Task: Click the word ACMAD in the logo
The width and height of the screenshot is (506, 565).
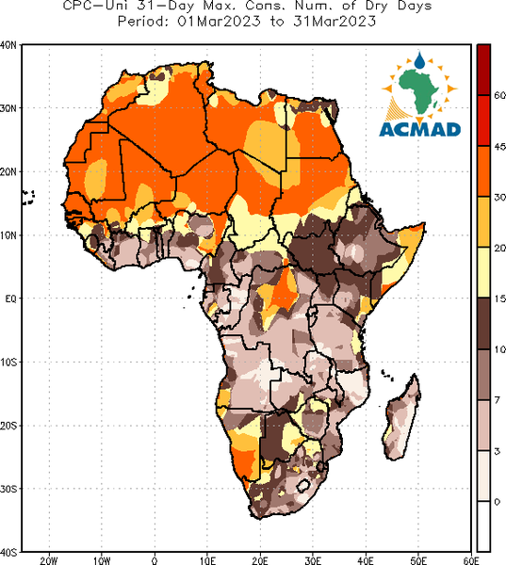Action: [420, 130]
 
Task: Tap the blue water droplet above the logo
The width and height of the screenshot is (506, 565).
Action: [419, 60]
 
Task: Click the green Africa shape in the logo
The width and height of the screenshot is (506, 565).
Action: [418, 90]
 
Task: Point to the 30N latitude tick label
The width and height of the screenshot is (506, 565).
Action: [8, 108]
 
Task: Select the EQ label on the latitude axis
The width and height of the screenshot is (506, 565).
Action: [10, 299]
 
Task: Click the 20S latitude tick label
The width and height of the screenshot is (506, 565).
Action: [8, 426]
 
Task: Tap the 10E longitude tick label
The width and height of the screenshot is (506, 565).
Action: [207, 560]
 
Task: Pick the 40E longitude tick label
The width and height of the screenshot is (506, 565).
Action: [366, 560]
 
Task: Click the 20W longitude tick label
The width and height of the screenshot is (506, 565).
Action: [49, 560]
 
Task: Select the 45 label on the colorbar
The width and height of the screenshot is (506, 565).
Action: [499, 146]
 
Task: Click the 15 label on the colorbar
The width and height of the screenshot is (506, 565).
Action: [499, 299]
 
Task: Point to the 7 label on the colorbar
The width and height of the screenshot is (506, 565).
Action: [498, 400]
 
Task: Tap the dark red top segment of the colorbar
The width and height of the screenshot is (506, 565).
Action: [483, 70]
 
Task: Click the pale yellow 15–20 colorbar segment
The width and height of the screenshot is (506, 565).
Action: [483, 272]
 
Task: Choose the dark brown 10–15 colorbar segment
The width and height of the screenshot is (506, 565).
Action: [483, 323]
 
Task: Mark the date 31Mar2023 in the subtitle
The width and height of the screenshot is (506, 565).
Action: [335, 22]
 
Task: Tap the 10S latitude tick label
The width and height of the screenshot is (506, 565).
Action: [8, 363]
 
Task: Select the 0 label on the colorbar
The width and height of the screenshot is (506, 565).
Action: [498, 502]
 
